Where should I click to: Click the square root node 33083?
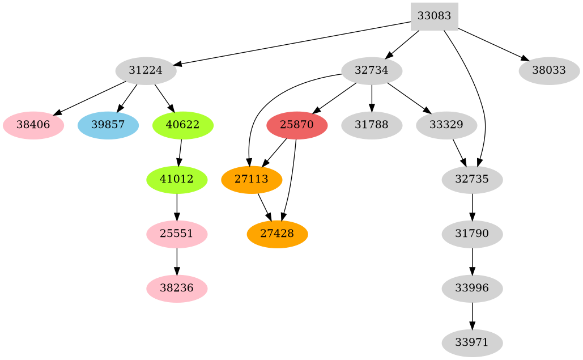pyautogui.click(x=434, y=16)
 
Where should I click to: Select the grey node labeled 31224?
pyautogui.click(x=146, y=71)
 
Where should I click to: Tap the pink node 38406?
pyautogui.click(x=33, y=125)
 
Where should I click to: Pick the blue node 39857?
pyautogui.click(x=108, y=125)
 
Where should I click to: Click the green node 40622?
pyautogui.click(x=182, y=125)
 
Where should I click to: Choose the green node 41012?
pyautogui.click(x=177, y=180)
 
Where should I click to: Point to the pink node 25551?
pyautogui.click(x=177, y=234)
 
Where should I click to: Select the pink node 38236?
pyautogui.click(x=177, y=289)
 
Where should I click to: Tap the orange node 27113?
pyautogui.click(x=251, y=180)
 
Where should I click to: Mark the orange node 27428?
pyautogui.click(x=277, y=234)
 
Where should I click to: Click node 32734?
pyautogui.click(x=372, y=71)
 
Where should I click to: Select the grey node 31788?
pyautogui.click(x=372, y=125)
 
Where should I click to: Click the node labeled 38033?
pyautogui.click(x=549, y=71)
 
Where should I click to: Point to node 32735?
pyautogui.click(x=472, y=180)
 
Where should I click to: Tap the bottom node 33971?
pyautogui.click(x=472, y=343)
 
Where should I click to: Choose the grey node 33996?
pyautogui.click(x=472, y=289)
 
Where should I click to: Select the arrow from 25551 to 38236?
pyautogui.click(x=177, y=261)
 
